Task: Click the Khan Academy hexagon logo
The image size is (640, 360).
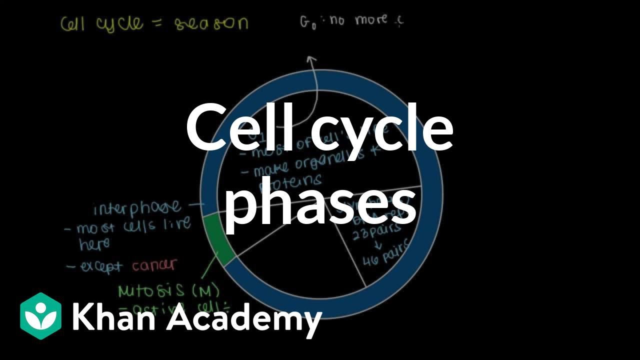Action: tap(40, 316)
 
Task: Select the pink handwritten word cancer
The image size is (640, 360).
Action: tap(154, 265)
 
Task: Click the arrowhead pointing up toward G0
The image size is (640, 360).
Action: tap(311, 60)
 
